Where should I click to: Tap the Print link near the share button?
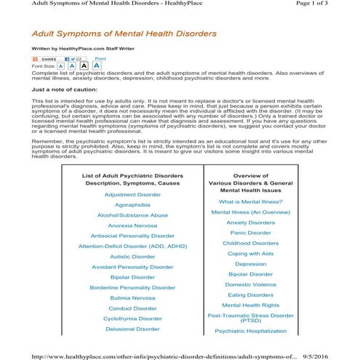101,57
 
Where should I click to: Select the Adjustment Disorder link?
132,195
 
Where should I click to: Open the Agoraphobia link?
132,205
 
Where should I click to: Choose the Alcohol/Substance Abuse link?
132,215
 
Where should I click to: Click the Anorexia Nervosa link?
132,225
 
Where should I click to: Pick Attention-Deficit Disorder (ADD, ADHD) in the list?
132,247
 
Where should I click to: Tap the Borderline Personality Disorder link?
132,287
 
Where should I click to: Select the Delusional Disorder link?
132,329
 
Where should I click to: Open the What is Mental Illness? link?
251,201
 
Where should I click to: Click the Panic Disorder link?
251,233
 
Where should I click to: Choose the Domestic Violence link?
251,285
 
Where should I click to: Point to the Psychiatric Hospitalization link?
251,331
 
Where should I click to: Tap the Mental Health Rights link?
251,305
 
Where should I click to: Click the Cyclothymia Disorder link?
132,319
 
